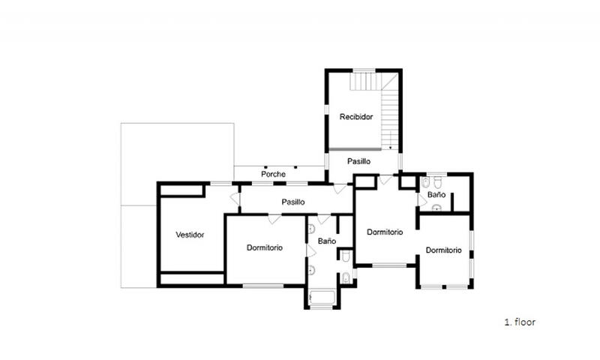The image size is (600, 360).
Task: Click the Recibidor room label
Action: click(355, 117)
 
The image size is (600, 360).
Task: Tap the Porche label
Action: click(273, 174)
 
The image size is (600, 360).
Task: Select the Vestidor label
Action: click(190, 235)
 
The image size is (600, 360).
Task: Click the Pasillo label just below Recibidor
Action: click(359, 161)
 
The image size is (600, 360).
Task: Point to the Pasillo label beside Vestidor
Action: click(293, 202)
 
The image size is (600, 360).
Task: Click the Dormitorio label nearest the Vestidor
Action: click(265, 247)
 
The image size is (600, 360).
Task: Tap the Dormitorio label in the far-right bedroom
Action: click(443, 250)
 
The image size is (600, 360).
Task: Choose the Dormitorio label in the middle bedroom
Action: click(385, 232)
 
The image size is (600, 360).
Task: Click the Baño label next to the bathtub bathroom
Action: click(327, 241)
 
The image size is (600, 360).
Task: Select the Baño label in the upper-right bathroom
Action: click(436, 194)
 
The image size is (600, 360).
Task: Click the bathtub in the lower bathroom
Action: click(322, 298)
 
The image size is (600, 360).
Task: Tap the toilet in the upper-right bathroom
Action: click(438, 183)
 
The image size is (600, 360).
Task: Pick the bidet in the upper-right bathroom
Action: click(425, 183)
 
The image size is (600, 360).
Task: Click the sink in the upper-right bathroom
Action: click(436, 208)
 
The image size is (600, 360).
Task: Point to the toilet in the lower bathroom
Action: click(346, 256)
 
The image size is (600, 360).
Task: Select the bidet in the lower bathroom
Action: click(346, 277)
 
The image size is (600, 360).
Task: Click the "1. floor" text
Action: click(520, 322)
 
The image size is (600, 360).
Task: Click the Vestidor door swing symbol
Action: click(235, 199)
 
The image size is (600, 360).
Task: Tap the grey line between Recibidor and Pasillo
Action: click(355, 149)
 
